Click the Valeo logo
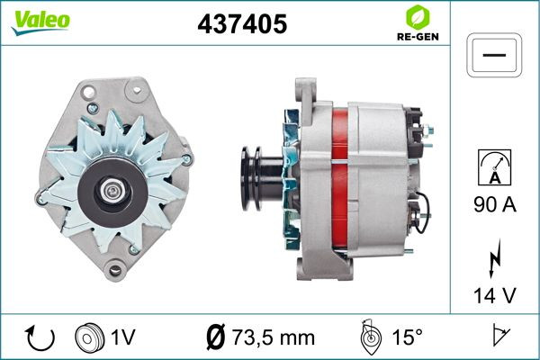[40, 22]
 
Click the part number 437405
[242, 24]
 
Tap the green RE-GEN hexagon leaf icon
[418, 18]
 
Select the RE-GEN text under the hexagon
[418, 37]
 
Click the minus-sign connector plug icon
[494, 55]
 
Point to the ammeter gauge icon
[494, 167]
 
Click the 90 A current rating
[495, 204]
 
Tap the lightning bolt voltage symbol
[495, 258]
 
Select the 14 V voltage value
[495, 295]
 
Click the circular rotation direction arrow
[40, 338]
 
